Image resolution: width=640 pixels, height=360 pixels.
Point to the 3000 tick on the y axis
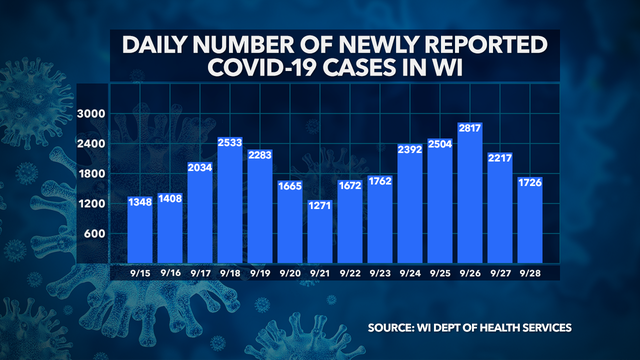point(92,115)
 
